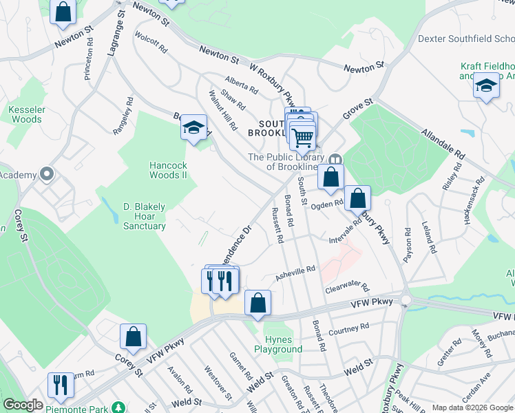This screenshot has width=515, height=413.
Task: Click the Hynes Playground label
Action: (283, 344)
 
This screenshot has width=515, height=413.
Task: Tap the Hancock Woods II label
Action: (169, 170)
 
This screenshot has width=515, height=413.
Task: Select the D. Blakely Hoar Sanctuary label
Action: (145, 215)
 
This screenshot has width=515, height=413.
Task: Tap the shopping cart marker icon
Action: (303, 137)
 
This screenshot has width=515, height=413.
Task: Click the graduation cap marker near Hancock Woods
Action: (194, 128)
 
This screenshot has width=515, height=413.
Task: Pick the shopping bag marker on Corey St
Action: (133, 337)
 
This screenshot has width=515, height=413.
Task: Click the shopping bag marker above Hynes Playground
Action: (257, 304)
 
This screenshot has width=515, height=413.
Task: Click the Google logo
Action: (23, 405)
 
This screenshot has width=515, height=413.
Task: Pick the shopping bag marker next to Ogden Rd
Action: (357, 199)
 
